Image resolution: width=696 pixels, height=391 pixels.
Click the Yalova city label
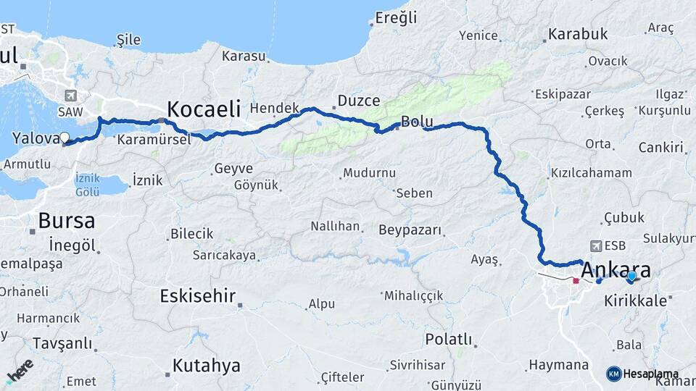tap(34, 138)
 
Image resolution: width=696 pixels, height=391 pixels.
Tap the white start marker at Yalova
tap(65, 138)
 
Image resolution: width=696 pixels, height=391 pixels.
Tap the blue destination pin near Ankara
tap(631, 277)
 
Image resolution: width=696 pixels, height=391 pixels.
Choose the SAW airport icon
tap(71, 96)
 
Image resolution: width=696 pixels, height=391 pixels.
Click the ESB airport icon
tap(596, 245)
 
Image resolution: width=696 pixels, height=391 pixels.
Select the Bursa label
tap(66, 220)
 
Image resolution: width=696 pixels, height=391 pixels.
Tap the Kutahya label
tap(207, 366)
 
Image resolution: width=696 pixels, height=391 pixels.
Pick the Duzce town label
tap(360, 102)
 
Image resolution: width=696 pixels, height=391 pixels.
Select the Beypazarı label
tap(410, 230)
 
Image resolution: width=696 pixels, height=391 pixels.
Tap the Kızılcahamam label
tap(592, 173)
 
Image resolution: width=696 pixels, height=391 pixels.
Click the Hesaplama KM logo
tap(642, 374)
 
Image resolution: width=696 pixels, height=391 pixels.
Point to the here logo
tap(20, 371)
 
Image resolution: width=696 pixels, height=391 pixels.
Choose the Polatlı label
tap(449, 340)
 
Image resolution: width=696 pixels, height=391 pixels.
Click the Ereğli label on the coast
tap(399, 17)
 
